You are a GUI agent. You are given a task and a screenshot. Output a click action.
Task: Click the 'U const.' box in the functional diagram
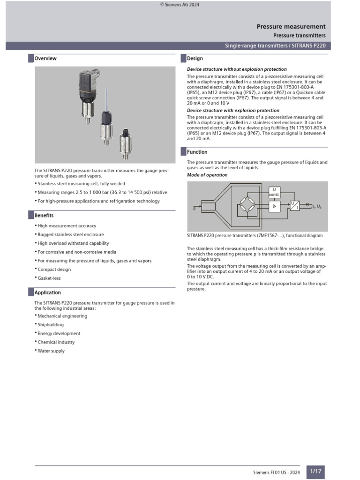point(274,192)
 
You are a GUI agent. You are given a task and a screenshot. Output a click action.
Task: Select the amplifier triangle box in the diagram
point(274,205)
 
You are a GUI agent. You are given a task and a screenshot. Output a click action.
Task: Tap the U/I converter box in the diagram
point(294,205)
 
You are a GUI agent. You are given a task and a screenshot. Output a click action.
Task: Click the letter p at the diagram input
point(194,209)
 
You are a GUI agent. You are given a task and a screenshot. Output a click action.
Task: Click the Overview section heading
point(45,59)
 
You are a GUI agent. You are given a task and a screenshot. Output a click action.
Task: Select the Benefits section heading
point(44,216)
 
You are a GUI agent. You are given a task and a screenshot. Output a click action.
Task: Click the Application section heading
point(47,292)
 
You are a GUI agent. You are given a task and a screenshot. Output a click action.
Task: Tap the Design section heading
point(195,59)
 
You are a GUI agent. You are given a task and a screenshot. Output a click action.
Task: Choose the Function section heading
point(197,152)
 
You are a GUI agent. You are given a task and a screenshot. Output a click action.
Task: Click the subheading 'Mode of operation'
point(207,175)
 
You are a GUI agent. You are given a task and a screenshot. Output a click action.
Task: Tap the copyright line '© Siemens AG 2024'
point(180,5)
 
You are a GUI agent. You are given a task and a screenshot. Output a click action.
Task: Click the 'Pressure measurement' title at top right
point(291,27)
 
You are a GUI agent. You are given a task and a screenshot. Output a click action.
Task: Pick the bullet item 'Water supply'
point(51,351)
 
